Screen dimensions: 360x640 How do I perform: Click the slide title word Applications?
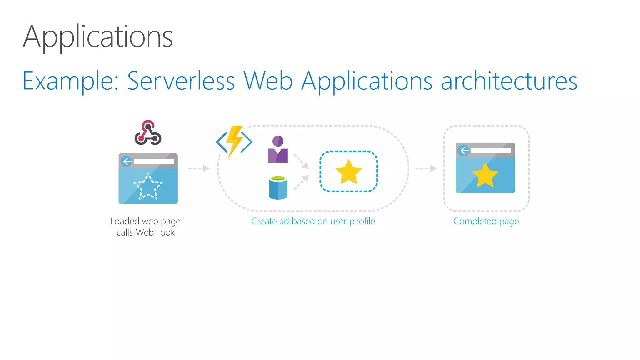click(x=97, y=37)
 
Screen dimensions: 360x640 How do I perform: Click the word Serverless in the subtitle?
click(x=181, y=81)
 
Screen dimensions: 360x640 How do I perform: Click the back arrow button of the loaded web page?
click(x=127, y=161)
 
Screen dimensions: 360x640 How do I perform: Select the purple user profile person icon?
click(x=278, y=149)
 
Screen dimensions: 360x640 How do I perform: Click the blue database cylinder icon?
click(x=278, y=187)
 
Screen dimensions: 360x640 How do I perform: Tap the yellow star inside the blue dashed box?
click(x=348, y=172)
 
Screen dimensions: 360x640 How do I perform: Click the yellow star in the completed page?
click(x=485, y=175)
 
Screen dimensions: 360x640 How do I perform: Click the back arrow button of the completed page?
click(x=464, y=151)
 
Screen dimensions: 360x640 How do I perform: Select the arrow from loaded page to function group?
click(x=199, y=168)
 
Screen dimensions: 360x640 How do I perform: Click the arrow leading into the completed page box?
click(x=426, y=168)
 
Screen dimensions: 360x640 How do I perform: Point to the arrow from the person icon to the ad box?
click(x=301, y=161)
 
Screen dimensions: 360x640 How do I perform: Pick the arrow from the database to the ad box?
click(x=301, y=182)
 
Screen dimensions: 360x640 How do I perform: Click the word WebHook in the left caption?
click(x=155, y=232)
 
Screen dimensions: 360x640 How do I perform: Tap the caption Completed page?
click(x=486, y=221)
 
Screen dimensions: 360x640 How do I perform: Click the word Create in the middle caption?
click(x=264, y=221)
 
